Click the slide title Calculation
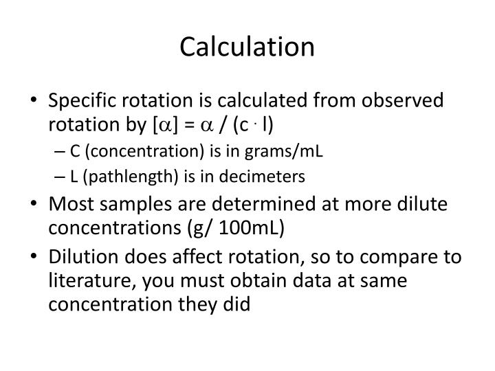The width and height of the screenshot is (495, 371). click(x=247, y=47)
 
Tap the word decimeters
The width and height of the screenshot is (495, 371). click(x=270, y=177)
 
